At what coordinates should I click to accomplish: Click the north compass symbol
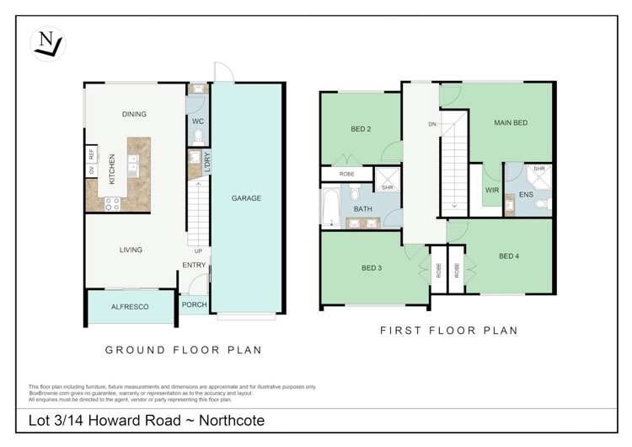pyautogui.click(x=46, y=43)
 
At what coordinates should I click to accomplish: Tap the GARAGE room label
pyautogui.click(x=246, y=198)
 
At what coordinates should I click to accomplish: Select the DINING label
pyautogui.click(x=134, y=114)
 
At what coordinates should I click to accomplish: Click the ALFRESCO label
pyautogui.click(x=130, y=307)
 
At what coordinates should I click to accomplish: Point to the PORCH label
pyautogui.click(x=194, y=305)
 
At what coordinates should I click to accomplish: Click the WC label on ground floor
pyautogui.click(x=198, y=121)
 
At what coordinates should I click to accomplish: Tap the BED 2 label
pyautogui.click(x=361, y=129)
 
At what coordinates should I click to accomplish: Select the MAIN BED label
pyautogui.click(x=510, y=123)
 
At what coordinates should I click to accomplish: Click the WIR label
pyautogui.click(x=492, y=191)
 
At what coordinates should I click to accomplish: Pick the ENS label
pyautogui.click(x=526, y=195)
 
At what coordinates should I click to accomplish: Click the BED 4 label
pyautogui.click(x=509, y=256)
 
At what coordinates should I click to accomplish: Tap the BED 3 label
pyautogui.click(x=372, y=268)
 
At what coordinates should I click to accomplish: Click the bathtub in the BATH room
pyautogui.click(x=329, y=207)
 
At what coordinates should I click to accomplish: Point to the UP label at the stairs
pyautogui.click(x=198, y=250)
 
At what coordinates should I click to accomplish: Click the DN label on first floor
pyautogui.click(x=431, y=124)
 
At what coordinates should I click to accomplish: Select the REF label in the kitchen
pyautogui.click(x=91, y=154)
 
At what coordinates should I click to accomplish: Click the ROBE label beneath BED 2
pyautogui.click(x=346, y=174)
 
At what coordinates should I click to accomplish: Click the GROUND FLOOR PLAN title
pyautogui.click(x=183, y=350)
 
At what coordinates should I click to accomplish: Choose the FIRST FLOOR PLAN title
pyautogui.click(x=448, y=331)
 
